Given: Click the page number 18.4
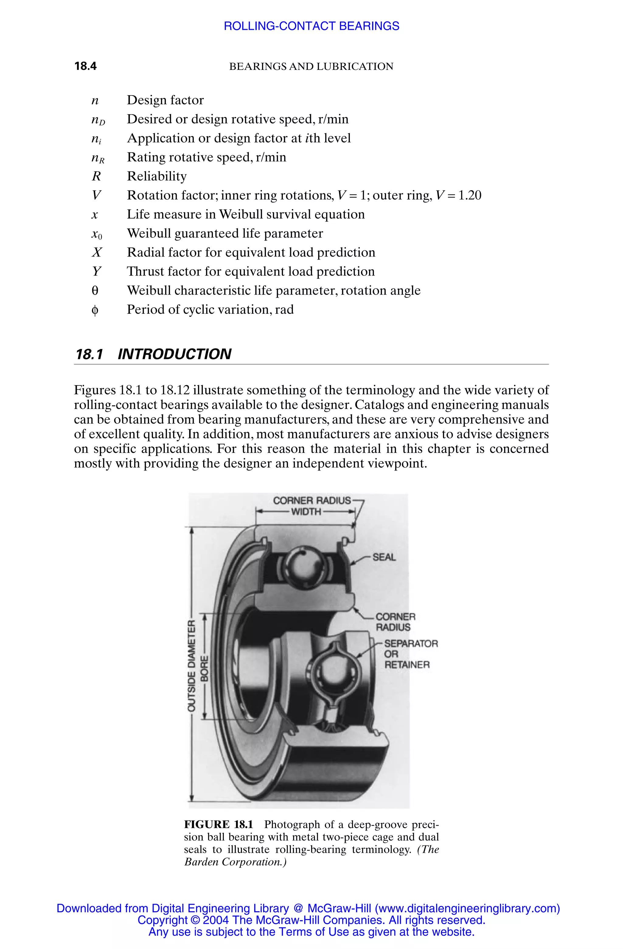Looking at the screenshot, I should point(85,66).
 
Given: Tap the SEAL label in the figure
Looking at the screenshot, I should point(384,557).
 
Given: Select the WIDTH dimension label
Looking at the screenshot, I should point(306,512).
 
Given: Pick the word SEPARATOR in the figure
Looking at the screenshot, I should point(411,644).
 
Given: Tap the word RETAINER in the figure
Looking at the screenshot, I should point(407,665).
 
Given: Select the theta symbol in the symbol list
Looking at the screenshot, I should point(95,291).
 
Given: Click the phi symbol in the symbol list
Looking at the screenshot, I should point(95,310).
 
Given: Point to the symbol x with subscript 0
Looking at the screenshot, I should point(96,234).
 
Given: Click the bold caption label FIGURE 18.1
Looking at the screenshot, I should point(218,824).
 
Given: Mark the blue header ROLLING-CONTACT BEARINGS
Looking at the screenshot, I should point(311,26).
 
